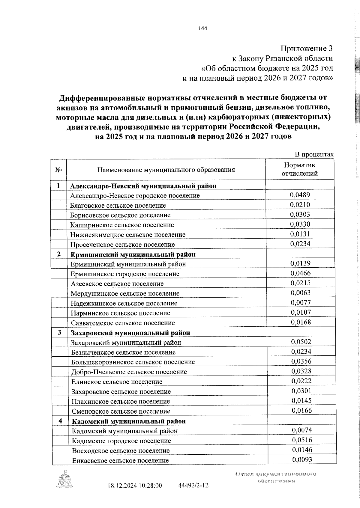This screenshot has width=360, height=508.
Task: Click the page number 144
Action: coord(202,29)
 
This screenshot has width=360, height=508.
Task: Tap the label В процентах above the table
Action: coord(314,154)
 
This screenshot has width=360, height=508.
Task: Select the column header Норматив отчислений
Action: coord(300,169)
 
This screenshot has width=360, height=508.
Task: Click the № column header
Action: coord(58,170)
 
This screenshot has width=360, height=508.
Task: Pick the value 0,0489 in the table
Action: coord(300,195)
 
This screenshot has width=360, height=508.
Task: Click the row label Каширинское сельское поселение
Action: coord(122,225)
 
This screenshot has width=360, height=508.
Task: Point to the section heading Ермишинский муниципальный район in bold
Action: coord(133,254)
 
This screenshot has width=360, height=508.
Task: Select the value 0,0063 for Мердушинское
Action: coord(301,293)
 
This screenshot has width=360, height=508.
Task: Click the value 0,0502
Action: coord(301,342)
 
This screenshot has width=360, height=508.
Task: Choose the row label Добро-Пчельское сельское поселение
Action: coord(129,372)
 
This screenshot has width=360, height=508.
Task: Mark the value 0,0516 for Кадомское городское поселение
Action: coord(302,440)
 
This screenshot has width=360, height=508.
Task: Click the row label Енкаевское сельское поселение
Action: coord(120,460)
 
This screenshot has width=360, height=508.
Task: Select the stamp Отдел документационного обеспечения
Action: coord(276,477)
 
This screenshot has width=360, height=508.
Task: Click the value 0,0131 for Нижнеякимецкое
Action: coord(300,234)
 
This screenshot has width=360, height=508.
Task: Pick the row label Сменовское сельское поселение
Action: coord(121,411)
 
